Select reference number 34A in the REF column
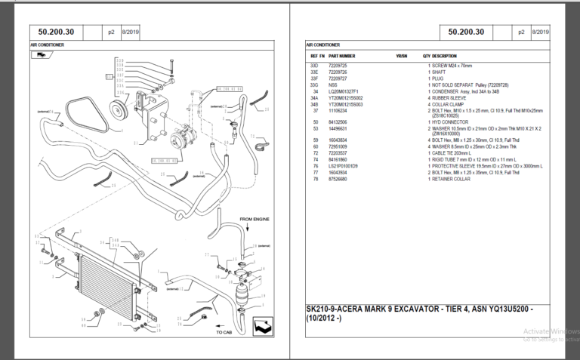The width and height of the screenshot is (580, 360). coord(315,97)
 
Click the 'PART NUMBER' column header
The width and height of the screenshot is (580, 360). coord(341,56)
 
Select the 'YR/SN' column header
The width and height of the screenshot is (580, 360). coord(401,56)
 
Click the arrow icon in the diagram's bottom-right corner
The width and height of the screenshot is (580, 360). coord(264,326)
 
